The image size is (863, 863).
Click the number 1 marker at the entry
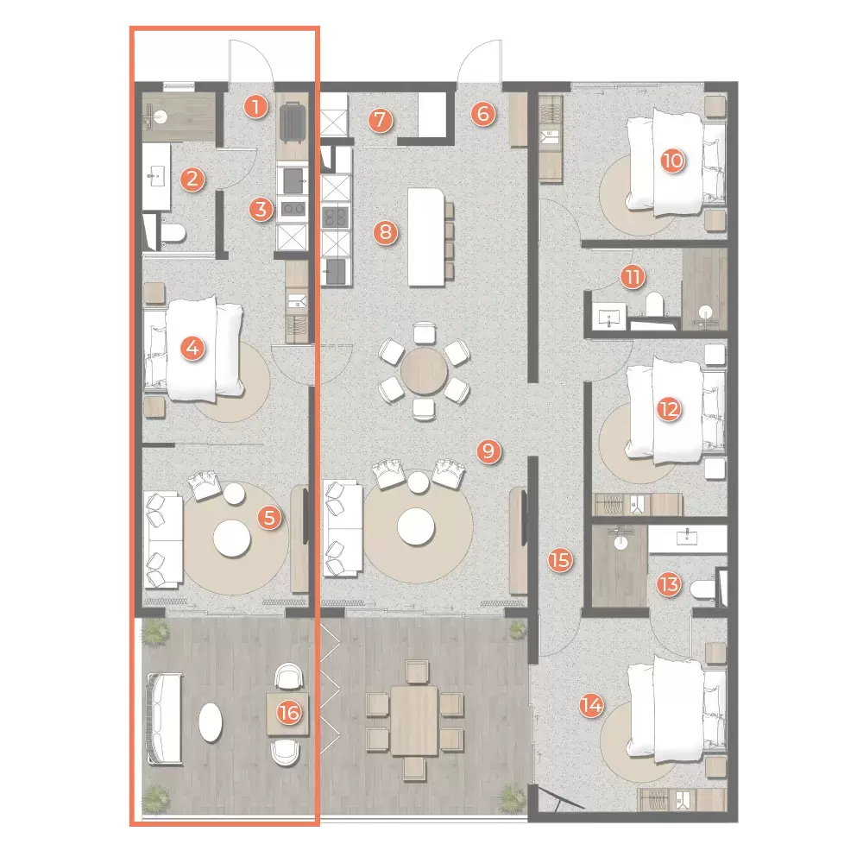pos(254,107)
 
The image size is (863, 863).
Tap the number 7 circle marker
pos(379,120)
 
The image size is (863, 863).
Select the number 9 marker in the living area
pos(488,450)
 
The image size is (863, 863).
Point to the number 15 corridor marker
pos(560,561)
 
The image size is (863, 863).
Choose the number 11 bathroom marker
pos(633,277)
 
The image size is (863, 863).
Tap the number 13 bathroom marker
pos(667,584)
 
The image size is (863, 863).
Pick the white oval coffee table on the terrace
pos(211,721)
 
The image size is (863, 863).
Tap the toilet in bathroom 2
pos(173,233)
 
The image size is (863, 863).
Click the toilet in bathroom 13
pos(702,589)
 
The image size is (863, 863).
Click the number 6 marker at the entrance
pos(483,113)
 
